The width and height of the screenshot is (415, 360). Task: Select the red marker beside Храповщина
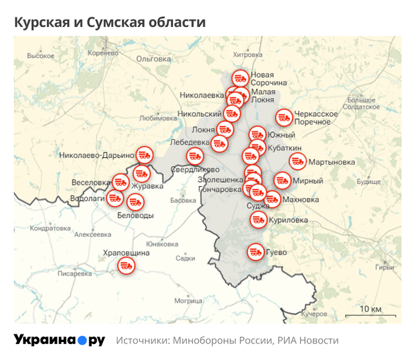(x=126, y=265)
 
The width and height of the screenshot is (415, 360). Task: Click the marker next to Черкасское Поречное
(x=284, y=118)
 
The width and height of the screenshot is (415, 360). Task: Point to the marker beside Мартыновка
(x=297, y=162)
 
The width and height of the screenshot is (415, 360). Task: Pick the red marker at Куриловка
(x=258, y=219)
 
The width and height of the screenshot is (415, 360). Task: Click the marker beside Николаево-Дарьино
(x=144, y=154)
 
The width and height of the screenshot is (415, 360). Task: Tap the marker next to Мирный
(x=282, y=181)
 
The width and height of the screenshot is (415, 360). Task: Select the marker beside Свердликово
(x=195, y=156)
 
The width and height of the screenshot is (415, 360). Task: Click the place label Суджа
(x=257, y=206)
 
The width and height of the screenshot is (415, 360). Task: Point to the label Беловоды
(x=135, y=215)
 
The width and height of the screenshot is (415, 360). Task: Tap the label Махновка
(x=301, y=200)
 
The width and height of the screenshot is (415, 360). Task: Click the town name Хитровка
(x=248, y=54)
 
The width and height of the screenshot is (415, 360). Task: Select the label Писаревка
(x=75, y=273)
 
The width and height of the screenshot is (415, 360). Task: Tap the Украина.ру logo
(x=59, y=340)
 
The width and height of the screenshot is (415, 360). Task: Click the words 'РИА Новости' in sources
(x=308, y=341)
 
